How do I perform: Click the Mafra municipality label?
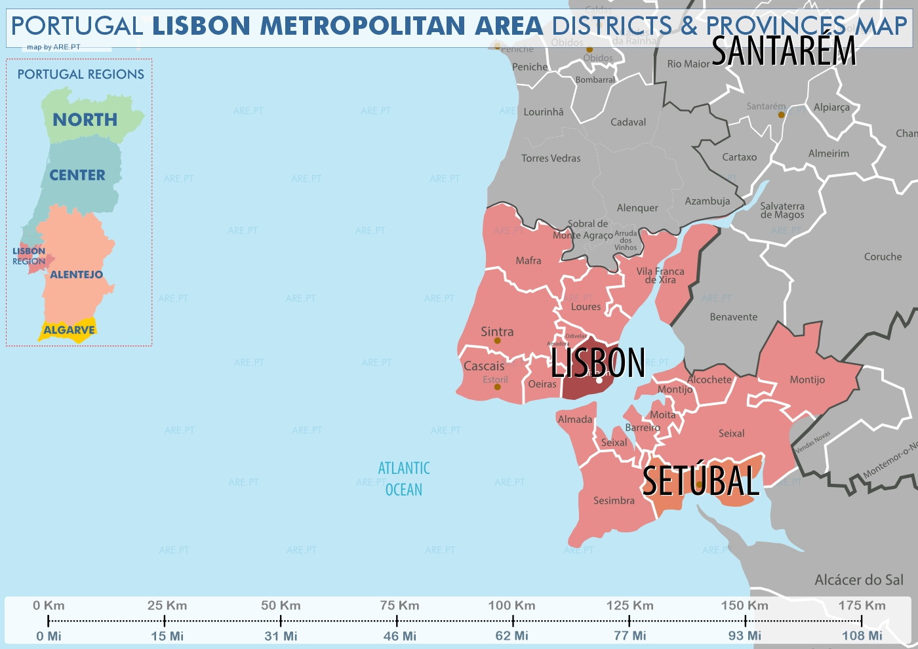tap(529, 261)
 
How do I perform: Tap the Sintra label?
tap(497, 332)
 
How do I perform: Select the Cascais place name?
tap(484, 366)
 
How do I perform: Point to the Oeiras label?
tap(542, 384)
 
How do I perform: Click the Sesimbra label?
tap(614, 501)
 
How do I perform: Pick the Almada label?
tap(575, 420)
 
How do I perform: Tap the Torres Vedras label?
tap(551, 159)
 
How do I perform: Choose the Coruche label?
tap(883, 257)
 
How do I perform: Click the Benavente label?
tap(733, 317)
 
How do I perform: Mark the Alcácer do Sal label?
tap(858, 580)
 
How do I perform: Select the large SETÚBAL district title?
tap(700, 481)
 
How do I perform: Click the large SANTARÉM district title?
tap(784, 51)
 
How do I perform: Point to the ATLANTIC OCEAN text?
tap(404, 479)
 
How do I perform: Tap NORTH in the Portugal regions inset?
tap(85, 120)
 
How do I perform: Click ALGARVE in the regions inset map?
tap(69, 330)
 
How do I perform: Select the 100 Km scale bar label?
tap(511, 606)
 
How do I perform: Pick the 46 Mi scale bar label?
tap(400, 636)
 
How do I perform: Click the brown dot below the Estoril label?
tap(497, 387)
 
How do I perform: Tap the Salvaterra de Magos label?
tap(782, 210)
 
